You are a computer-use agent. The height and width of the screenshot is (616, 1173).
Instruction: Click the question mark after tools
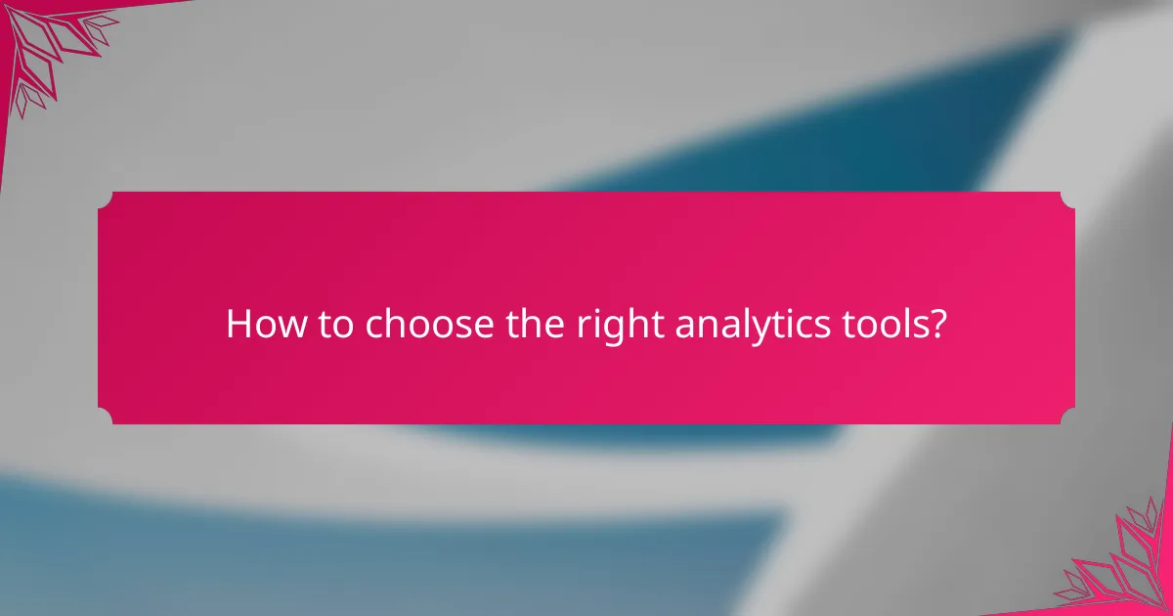point(937,325)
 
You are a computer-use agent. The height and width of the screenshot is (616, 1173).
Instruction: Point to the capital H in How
point(238,325)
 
